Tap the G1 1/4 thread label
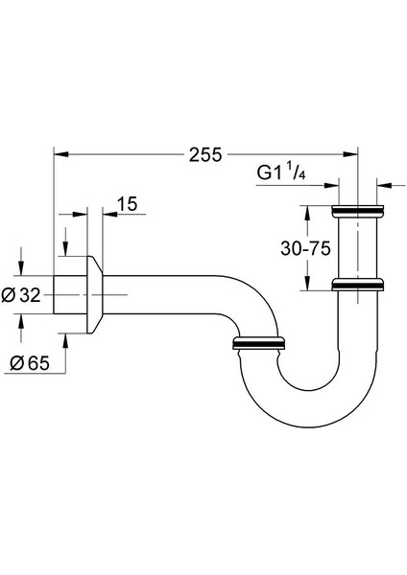pos(282,173)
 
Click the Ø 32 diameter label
pos(23,295)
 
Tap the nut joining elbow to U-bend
pos(260,341)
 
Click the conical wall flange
pos(95,294)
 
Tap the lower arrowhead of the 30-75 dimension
pos(308,284)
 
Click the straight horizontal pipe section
pos(163,294)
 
